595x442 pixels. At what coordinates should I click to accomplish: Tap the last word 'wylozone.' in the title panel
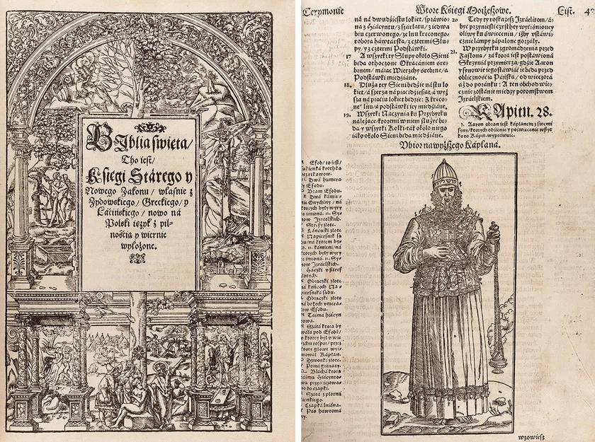point(139,248)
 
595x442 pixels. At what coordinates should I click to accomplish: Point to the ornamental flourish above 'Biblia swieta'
point(139,127)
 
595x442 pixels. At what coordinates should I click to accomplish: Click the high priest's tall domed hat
point(445,173)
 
